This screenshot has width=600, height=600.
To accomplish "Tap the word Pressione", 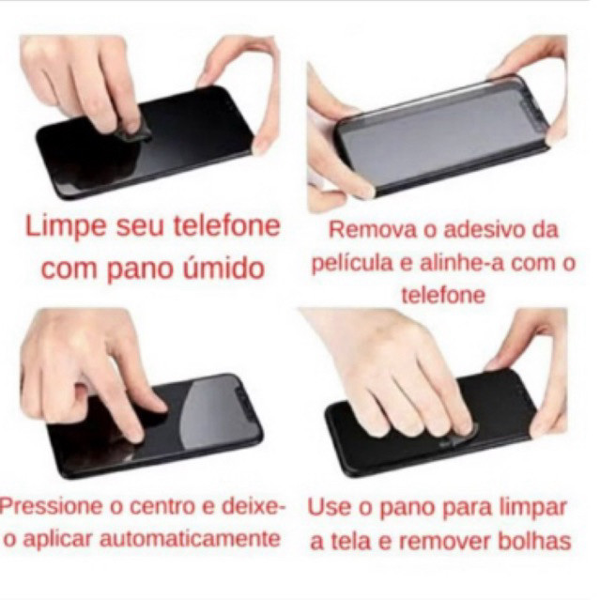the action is (51, 507).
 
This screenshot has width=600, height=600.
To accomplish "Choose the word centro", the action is (163, 507).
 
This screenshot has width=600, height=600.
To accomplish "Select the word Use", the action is (330, 507).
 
